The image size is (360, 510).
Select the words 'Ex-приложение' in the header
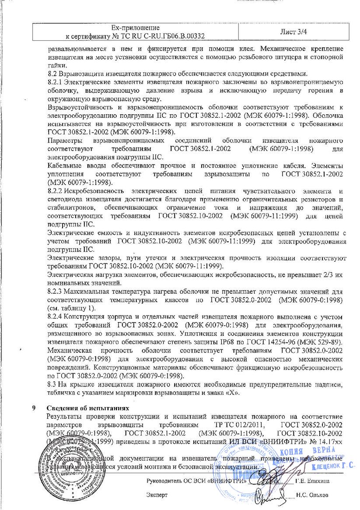pos(135,28)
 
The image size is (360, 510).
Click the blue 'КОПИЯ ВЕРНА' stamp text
pos(318,451)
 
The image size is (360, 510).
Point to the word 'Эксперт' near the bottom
pos(157,496)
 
